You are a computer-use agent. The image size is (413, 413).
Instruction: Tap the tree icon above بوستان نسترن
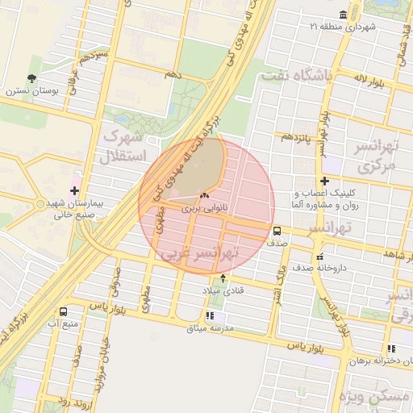[x=31, y=78]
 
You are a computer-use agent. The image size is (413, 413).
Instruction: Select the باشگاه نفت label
[x=296, y=77]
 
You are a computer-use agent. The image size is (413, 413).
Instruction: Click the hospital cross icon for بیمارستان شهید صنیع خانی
[x=75, y=191]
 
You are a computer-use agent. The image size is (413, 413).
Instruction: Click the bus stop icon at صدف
[x=277, y=228]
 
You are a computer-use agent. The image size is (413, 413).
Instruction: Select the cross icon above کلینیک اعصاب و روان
[x=324, y=181]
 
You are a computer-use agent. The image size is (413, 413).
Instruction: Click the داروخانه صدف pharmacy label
[x=319, y=266]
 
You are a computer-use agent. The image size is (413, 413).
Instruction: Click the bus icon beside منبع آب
[x=64, y=311]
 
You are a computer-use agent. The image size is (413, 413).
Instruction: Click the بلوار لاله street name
[x=373, y=81]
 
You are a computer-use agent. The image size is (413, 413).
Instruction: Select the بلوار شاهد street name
[x=390, y=254]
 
